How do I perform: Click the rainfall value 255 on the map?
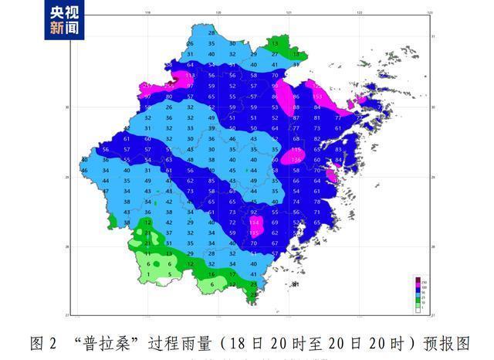[x=169, y=86]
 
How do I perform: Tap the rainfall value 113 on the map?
[x=191, y=76]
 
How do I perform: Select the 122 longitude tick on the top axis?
[x=360, y=13]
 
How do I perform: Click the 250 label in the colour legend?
[x=423, y=281]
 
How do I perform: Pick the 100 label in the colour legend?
[x=423, y=287]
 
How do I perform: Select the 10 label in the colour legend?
[x=423, y=305]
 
